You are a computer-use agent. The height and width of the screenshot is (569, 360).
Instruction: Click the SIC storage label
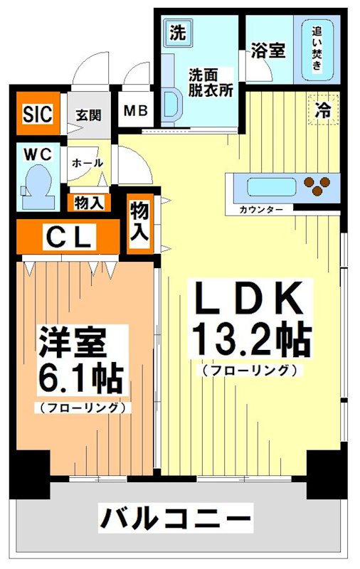[37, 114]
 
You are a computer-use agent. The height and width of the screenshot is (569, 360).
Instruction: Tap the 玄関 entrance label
[89, 114]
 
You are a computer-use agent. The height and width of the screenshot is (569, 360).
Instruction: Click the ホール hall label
[88, 163]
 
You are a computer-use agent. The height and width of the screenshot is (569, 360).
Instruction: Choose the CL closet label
[68, 237]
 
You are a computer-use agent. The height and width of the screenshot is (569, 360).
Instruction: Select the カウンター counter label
[261, 210]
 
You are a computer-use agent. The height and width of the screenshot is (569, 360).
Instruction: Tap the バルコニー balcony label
[175, 517]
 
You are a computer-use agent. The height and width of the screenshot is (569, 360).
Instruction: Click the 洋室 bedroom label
[73, 343]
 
